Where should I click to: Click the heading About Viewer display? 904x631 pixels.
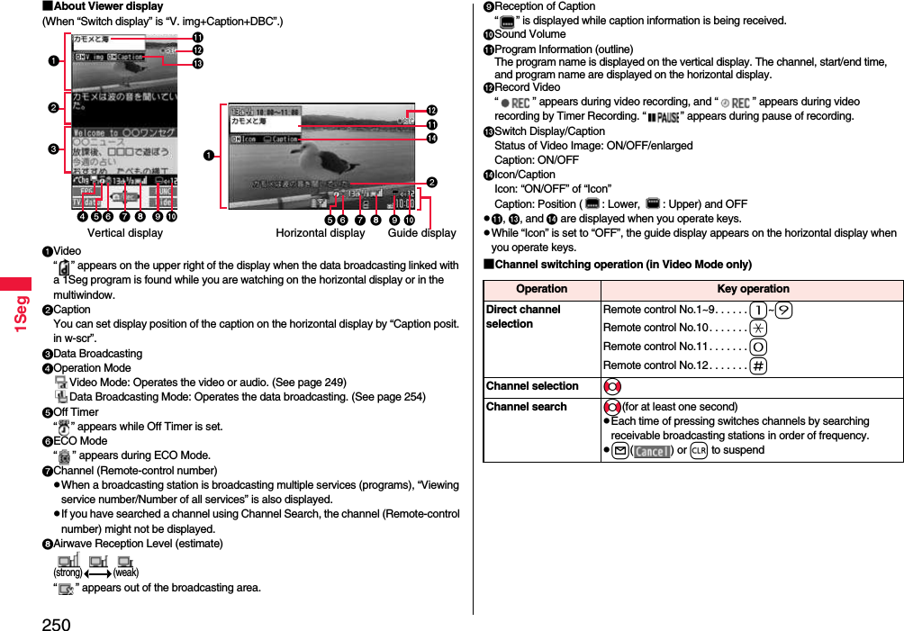coord(103,6)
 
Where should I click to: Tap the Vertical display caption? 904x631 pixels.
coord(124,233)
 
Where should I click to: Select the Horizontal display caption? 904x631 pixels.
coord(320,233)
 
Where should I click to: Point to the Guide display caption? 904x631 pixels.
coord(421,233)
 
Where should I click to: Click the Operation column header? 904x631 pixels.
coord(541,289)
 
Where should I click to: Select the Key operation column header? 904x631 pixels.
coord(752,289)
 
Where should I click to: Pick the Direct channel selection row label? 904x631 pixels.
coord(523,317)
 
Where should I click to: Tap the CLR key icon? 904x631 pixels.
coord(698,451)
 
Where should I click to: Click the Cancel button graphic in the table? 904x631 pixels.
coord(651,451)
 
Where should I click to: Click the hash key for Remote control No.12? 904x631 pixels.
coord(758,365)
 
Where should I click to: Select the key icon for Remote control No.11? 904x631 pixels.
coord(758,347)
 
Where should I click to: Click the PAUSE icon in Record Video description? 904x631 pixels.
coord(662,117)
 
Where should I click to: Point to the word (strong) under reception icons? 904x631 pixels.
coord(68,572)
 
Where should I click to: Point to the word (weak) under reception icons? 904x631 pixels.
coord(125,572)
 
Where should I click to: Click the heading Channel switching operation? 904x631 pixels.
coord(622,265)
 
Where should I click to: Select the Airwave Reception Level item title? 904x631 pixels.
coord(138,544)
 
